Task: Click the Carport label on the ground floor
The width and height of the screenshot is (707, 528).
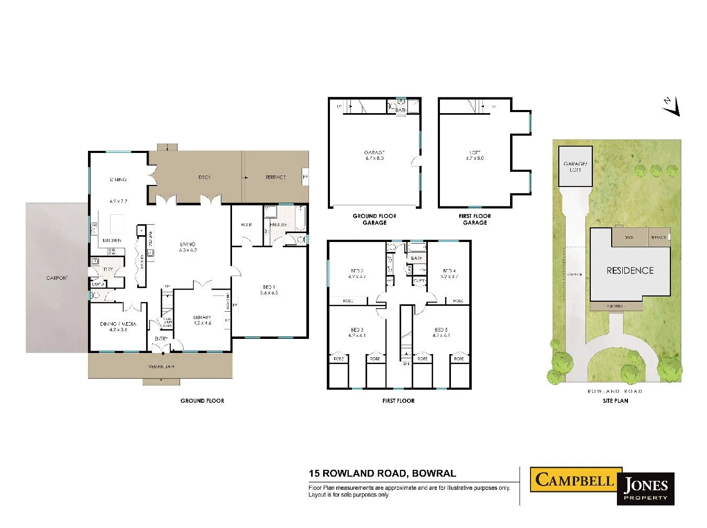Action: [x=57, y=278]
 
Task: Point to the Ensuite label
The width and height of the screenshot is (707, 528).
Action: [x=278, y=225]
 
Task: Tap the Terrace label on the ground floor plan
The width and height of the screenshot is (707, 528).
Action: [x=275, y=178]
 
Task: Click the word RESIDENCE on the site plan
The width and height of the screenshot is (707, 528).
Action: [x=630, y=271]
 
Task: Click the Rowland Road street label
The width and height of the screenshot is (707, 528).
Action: [x=615, y=391]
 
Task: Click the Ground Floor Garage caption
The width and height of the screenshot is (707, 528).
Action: [x=374, y=219]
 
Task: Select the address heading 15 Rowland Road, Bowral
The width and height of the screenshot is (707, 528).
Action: [x=382, y=474]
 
